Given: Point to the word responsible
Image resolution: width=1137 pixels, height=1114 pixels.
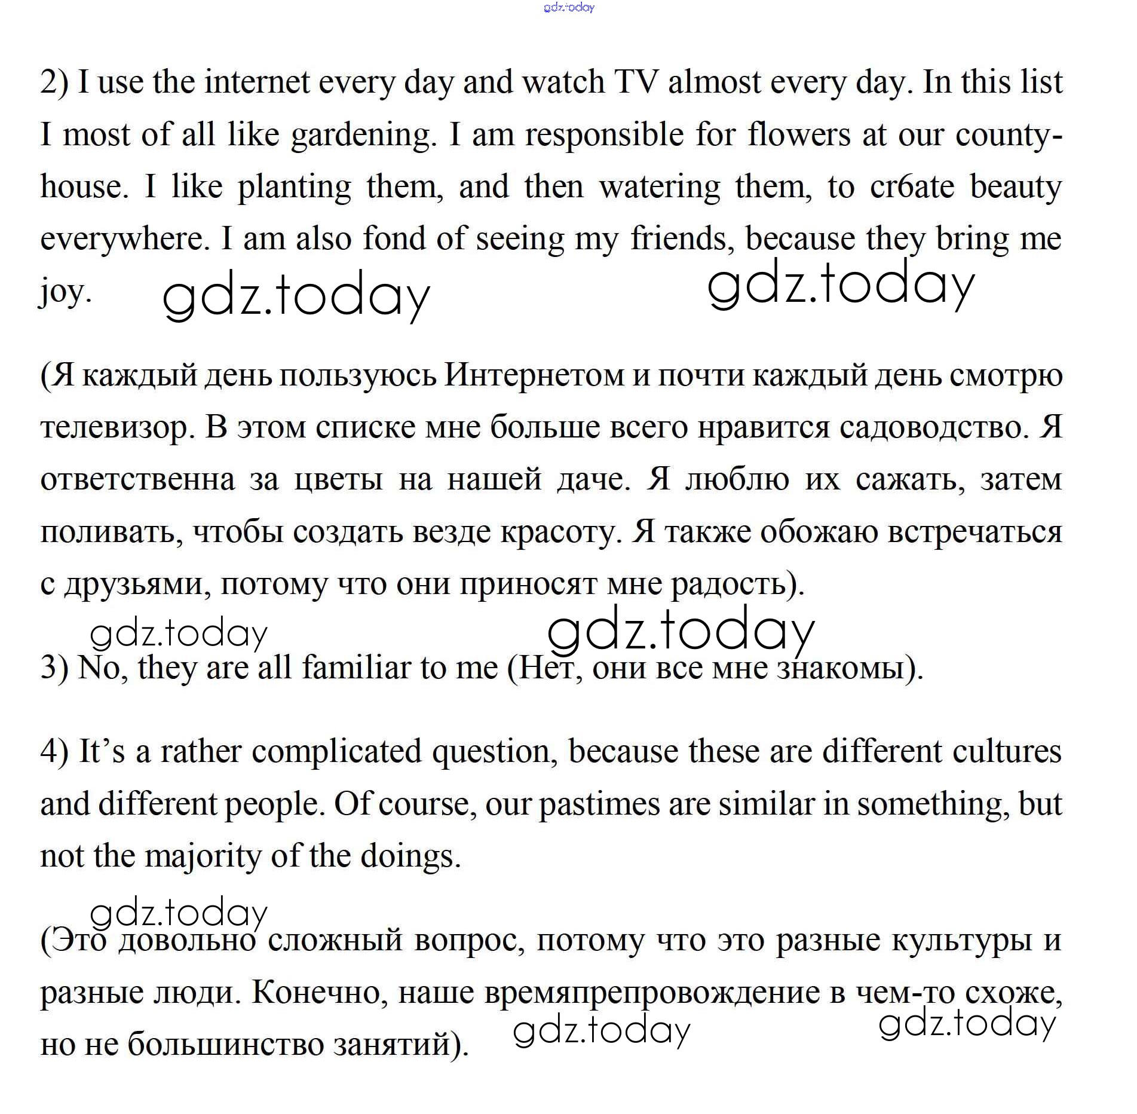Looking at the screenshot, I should [605, 135].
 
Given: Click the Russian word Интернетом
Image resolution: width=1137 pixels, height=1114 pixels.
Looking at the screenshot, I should [534, 375].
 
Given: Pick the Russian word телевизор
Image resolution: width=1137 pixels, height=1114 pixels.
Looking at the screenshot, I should [114, 428].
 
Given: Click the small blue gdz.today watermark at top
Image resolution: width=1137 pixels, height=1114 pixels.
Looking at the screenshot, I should [569, 8].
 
